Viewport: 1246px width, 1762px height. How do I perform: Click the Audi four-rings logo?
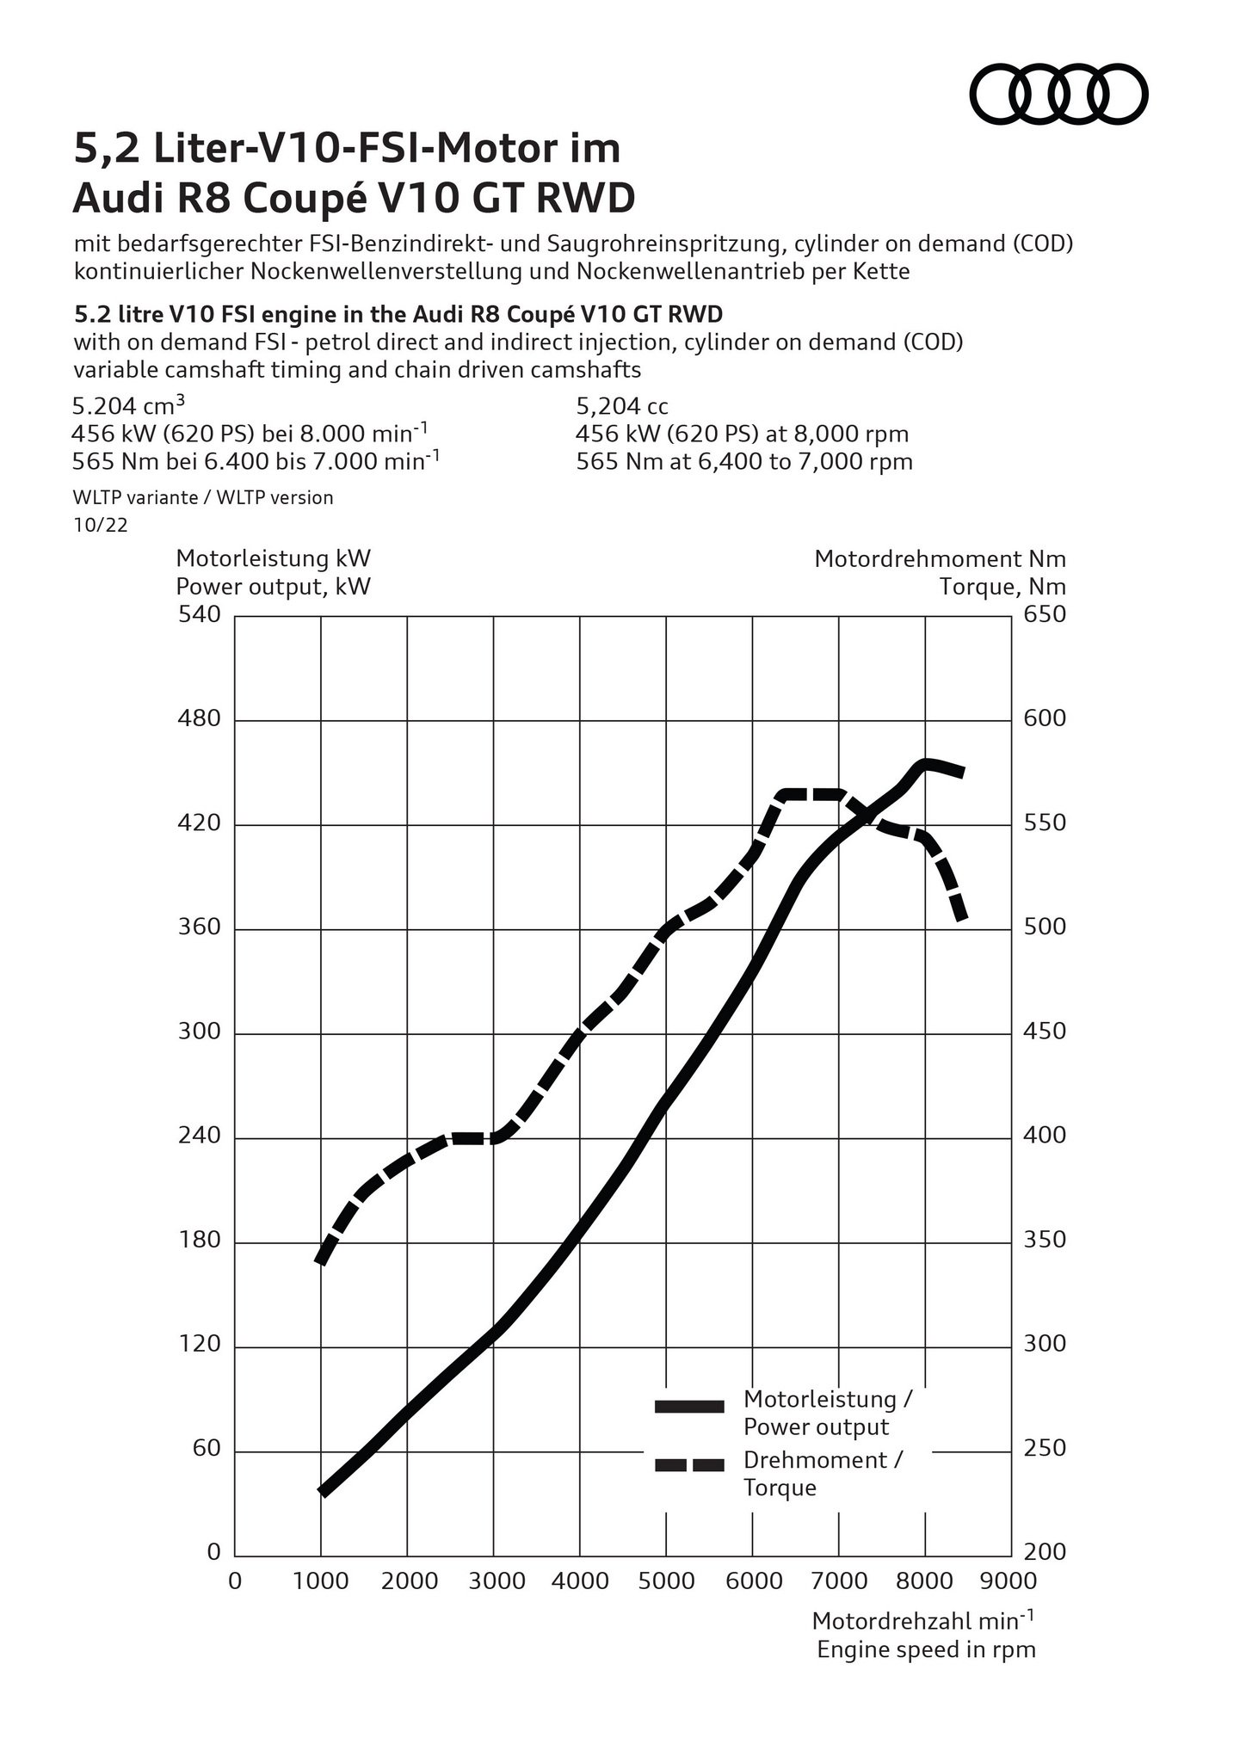pos(1059,93)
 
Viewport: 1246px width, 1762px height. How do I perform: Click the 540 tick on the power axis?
pos(199,615)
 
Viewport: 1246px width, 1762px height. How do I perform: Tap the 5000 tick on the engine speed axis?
pos(666,1581)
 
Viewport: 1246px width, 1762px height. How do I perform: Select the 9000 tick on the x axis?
pos(1011,1581)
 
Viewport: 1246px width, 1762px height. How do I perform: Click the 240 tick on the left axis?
pos(199,1137)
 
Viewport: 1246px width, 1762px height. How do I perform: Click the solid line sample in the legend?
pos(689,1406)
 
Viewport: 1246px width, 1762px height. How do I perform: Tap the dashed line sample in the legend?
pos(689,1465)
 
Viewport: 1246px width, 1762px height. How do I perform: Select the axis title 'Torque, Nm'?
pos(1002,587)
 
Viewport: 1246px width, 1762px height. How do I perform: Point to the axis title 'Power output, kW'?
pos(274,587)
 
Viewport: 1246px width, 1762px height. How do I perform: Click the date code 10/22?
pos(101,525)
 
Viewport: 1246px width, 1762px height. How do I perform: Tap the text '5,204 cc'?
pos(622,406)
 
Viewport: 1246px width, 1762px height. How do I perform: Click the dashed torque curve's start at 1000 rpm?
pos(322,1260)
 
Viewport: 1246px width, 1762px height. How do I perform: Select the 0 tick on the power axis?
pos(213,1553)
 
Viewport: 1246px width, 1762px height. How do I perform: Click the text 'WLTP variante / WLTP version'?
pos(204,497)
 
